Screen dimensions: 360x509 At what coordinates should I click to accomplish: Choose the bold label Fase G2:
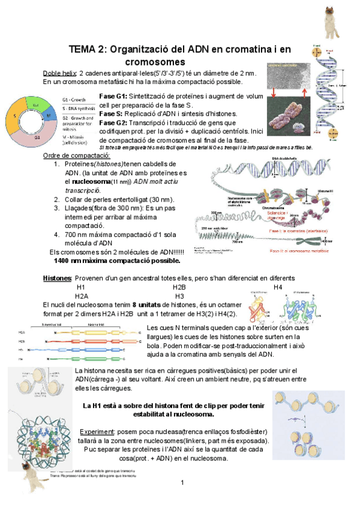[x=112, y=122]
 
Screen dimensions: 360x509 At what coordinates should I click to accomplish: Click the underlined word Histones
[x=57, y=279]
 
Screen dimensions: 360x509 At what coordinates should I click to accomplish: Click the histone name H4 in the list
[x=277, y=288]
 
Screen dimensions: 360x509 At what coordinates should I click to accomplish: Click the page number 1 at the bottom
[x=181, y=483]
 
